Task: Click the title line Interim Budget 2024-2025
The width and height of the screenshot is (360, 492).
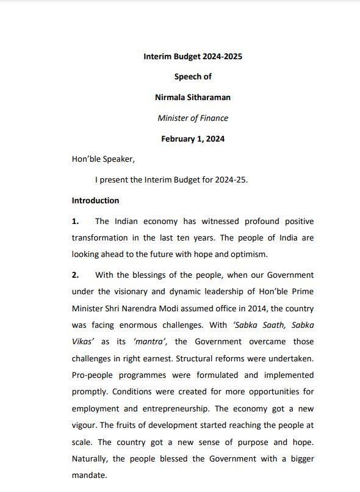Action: [192, 57]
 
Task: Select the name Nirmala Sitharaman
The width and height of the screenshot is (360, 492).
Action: [192, 98]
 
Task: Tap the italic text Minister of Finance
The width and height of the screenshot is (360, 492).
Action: [192, 118]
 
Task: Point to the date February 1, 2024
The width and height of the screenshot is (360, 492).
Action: [192, 139]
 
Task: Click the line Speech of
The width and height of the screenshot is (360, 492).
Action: [192, 78]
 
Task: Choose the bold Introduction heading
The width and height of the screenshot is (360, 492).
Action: [95, 200]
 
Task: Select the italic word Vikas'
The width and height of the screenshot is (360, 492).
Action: [83, 342]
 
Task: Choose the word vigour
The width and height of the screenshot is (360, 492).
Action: [85, 425]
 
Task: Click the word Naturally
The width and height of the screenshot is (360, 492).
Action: [92, 458]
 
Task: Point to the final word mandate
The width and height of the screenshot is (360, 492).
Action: [88, 475]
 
